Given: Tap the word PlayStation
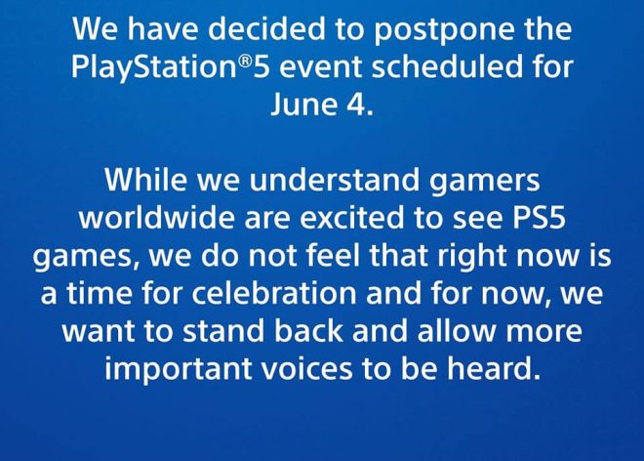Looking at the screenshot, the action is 154,67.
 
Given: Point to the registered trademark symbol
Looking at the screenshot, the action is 245,62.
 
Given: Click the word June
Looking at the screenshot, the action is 303,104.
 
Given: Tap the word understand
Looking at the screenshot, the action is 334,180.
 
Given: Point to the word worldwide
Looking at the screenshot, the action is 156,217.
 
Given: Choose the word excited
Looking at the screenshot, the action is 351,217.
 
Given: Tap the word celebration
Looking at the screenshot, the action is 274,293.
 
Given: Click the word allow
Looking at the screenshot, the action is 457,331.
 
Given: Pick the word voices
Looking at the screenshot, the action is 306,368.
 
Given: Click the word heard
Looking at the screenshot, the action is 494,368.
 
